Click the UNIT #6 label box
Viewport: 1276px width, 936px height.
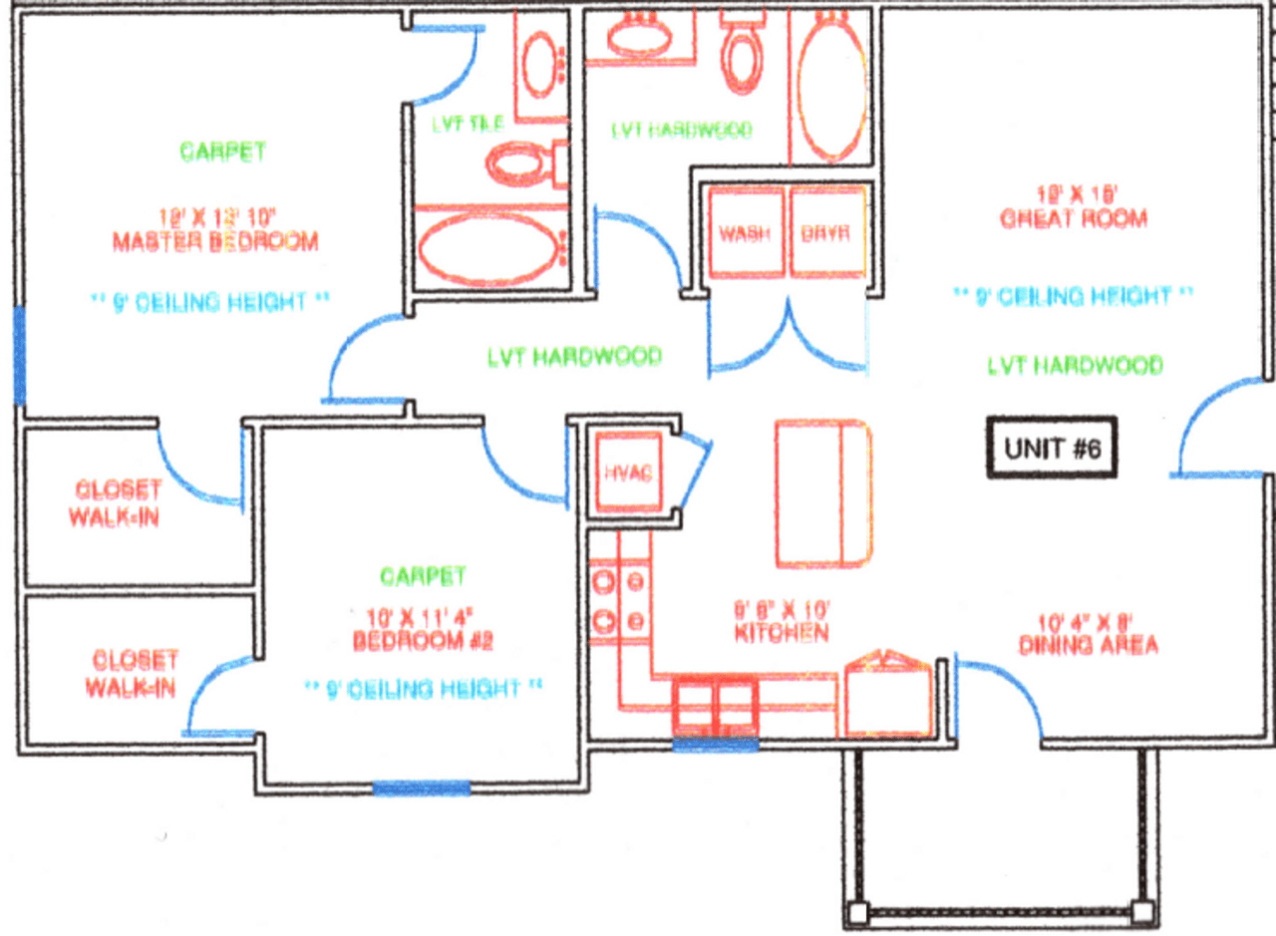(x=1052, y=449)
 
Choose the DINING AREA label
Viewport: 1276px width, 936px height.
(x=1088, y=645)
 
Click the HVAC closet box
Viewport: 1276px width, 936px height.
(x=626, y=472)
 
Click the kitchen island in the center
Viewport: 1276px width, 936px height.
(x=823, y=493)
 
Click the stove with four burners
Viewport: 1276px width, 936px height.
(x=619, y=601)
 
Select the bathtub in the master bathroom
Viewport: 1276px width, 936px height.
(x=488, y=248)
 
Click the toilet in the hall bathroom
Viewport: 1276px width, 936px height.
(x=742, y=56)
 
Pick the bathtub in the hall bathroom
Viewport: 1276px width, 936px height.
(x=832, y=87)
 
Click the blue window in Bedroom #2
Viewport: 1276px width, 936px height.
(x=420, y=788)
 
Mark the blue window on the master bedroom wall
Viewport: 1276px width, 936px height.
(x=19, y=354)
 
